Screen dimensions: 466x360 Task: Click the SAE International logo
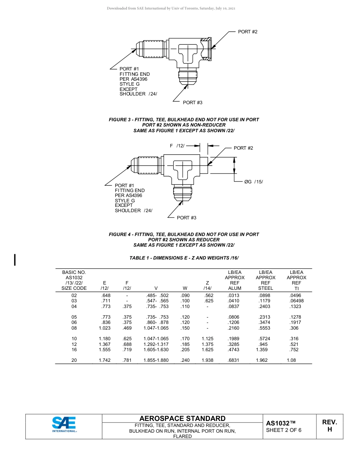(64, 425)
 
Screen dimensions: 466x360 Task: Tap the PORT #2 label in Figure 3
(247, 32)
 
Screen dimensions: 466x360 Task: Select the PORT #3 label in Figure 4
(186, 218)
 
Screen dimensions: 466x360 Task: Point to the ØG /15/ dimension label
(254, 182)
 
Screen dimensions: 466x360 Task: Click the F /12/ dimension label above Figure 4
(177, 146)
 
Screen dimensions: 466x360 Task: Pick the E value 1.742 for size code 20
(105, 360)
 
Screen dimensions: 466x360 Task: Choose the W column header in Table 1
(185, 288)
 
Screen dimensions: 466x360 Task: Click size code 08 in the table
(74, 328)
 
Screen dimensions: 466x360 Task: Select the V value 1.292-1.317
(156, 344)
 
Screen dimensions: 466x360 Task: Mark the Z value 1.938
(207, 360)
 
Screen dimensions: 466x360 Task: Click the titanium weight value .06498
(296, 301)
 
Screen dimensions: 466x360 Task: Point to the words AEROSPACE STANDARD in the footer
(182, 419)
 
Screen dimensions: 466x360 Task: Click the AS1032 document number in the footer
(280, 424)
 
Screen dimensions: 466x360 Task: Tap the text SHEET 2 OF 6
(284, 430)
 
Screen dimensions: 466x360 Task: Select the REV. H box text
(329, 426)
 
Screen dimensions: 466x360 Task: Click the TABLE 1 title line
(184, 258)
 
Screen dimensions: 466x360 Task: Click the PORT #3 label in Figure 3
(193, 103)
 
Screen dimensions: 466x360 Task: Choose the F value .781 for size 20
(127, 360)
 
